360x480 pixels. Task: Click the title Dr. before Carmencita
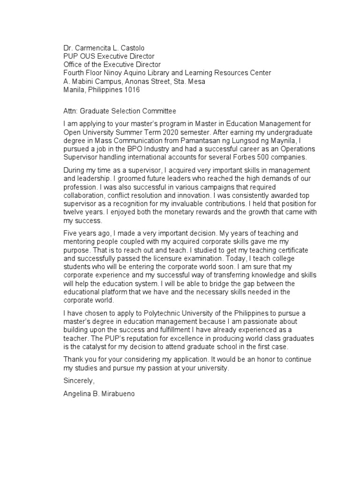click(x=68, y=48)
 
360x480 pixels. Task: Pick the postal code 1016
click(x=130, y=90)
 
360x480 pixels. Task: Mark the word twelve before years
click(x=75, y=212)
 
